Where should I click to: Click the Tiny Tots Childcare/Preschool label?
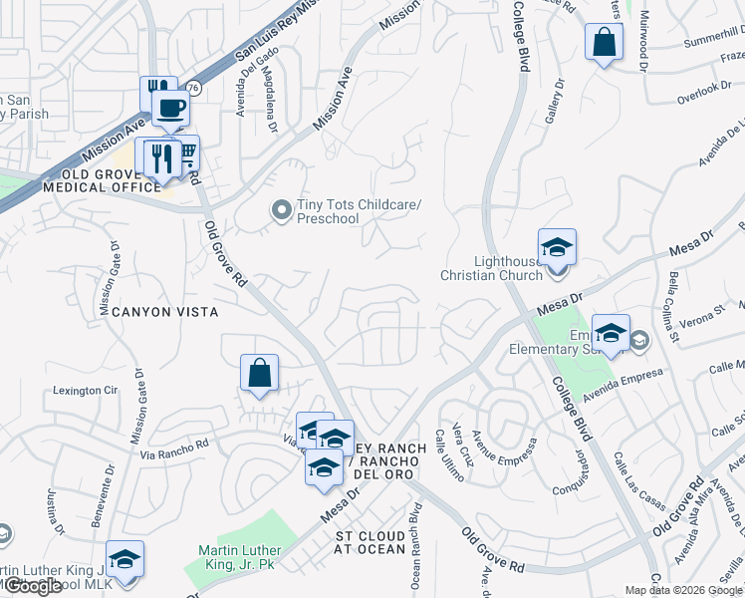(x=360, y=211)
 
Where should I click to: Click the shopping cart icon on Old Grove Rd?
(x=185, y=152)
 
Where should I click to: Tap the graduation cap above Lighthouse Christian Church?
(x=557, y=246)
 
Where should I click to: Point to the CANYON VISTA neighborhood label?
(x=159, y=312)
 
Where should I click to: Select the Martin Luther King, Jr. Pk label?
(x=239, y=557)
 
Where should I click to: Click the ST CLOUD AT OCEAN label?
(x=370, y=542)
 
